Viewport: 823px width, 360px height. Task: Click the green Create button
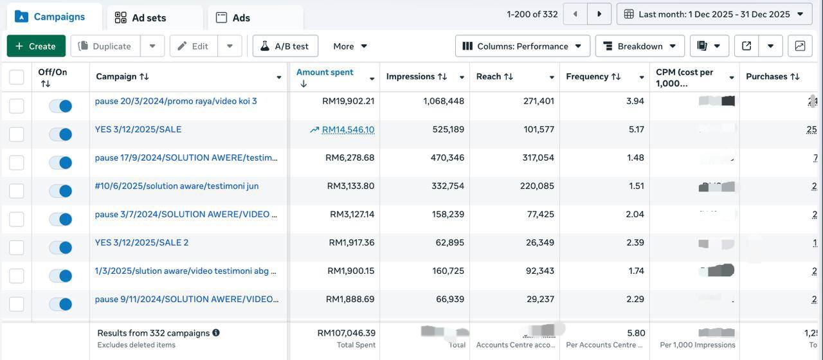36,46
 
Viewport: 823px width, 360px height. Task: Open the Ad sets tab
149,18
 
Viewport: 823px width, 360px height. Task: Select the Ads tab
241,18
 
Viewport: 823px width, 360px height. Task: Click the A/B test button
285,46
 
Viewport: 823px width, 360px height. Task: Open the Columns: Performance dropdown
522,46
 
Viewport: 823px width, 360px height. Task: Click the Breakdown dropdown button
640,46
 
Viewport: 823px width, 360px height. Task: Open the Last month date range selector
714,14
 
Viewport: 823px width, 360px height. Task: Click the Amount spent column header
325,72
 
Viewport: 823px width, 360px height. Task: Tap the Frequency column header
587,76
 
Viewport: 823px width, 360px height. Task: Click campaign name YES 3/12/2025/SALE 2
141,242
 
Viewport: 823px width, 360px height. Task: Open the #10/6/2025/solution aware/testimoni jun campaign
177,186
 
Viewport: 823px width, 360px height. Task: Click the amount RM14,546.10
348,130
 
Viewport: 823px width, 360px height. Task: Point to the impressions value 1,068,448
444,101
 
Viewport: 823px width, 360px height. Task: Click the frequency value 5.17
636,129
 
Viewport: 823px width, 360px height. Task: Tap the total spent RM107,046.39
346,333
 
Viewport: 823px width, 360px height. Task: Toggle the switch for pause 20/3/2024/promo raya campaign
60,106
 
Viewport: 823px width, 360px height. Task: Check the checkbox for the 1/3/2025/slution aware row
17,276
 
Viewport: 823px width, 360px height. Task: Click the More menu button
350,46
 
